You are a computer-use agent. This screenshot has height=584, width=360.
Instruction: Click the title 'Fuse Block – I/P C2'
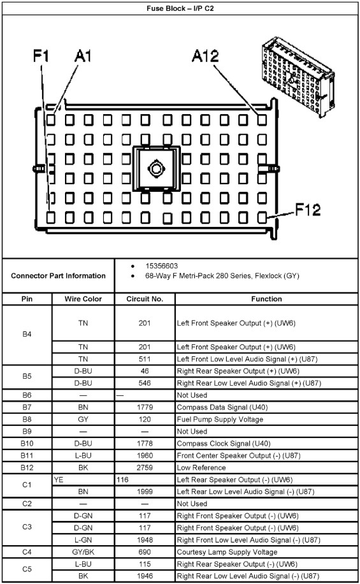[180, 8]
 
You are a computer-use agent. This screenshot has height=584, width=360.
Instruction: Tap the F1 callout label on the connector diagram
[41, 56]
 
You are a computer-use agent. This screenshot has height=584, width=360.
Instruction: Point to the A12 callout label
[205, 56]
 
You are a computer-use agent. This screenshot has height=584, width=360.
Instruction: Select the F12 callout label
[308, 210]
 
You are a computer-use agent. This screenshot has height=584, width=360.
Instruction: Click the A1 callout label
[83, 56]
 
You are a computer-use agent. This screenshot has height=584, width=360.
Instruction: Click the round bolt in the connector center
[156, 169]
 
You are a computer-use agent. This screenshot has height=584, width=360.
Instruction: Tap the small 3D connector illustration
[298, 77]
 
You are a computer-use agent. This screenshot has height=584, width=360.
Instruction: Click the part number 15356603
[162, 266]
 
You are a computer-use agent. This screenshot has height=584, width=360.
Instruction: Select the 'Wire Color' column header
[83, 299]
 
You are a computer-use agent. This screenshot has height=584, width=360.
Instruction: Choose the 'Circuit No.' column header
[145, 299]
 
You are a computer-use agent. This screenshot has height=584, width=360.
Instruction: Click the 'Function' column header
[266, 299]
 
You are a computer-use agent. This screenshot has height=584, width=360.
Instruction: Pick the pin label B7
[27, 407]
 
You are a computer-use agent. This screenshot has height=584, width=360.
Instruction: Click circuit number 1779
[145, 407]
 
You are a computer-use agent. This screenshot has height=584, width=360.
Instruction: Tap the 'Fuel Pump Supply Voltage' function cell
[220, 420]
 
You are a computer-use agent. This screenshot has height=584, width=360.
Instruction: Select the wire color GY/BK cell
[83, 552]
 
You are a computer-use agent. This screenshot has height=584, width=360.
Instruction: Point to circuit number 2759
[145, 467]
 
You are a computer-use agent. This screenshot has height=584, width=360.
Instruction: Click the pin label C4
[27, 552]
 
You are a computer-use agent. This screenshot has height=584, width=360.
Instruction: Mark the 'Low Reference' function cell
[201, 467]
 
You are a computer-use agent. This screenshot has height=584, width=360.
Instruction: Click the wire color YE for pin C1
[59, 479]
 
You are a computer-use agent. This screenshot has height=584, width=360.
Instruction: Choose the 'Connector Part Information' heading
[58, 275]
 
